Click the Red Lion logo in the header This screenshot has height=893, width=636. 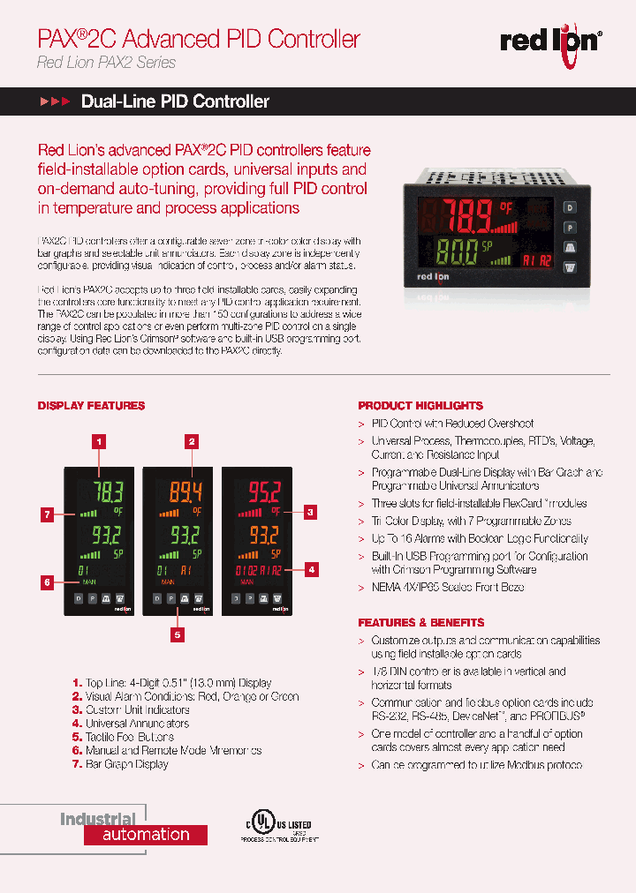551,41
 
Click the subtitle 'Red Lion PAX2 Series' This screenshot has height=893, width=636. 106,63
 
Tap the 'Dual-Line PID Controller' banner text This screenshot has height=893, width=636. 175,101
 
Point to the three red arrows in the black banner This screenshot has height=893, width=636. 55,102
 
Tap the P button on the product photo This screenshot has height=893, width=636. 570,227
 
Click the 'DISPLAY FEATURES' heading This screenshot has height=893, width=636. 91,406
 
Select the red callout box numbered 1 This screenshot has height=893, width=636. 100,441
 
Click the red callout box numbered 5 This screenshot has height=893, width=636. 178,634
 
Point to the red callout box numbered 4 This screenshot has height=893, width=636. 311,569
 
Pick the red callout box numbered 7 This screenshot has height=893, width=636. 51,514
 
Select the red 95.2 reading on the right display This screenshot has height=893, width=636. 262,492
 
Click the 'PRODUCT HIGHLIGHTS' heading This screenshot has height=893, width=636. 420,406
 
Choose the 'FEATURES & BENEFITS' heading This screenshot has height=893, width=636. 420,622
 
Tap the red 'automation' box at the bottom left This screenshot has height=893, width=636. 146,835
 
